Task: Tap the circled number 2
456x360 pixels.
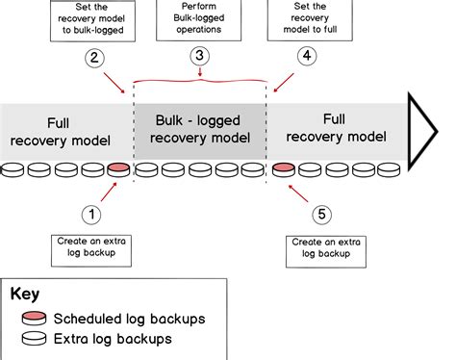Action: [x=94, y=58]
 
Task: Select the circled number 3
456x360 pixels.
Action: [x=200, y=57]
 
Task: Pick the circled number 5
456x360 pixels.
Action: [x=322, y=213]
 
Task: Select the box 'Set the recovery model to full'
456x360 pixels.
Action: [x=306, y=22]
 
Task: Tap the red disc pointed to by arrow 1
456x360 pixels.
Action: [x=118, y=171]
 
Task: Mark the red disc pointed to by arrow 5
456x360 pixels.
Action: [x=283, y=171]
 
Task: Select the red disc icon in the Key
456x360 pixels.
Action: [x=33, y=319]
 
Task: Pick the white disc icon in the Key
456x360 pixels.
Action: [x=33, y=339]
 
